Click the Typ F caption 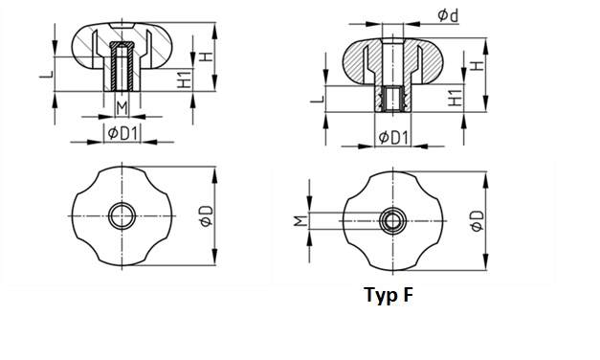click(389, 295)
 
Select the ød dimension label click(448, 15)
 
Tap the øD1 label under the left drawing click(122, 134)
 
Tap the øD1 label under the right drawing click(393, 138)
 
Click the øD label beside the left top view click(207, 215)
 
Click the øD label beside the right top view click(478, 221)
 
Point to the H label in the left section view click(207, 56)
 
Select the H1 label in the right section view click(455, 98)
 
